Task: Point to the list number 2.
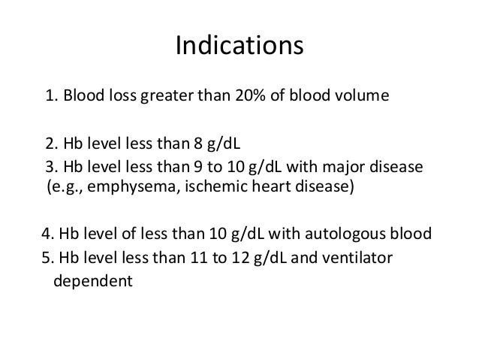pos(50,144)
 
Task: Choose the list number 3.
pos(50,165)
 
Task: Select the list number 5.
pos(45,259)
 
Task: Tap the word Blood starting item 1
pos(82,97)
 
